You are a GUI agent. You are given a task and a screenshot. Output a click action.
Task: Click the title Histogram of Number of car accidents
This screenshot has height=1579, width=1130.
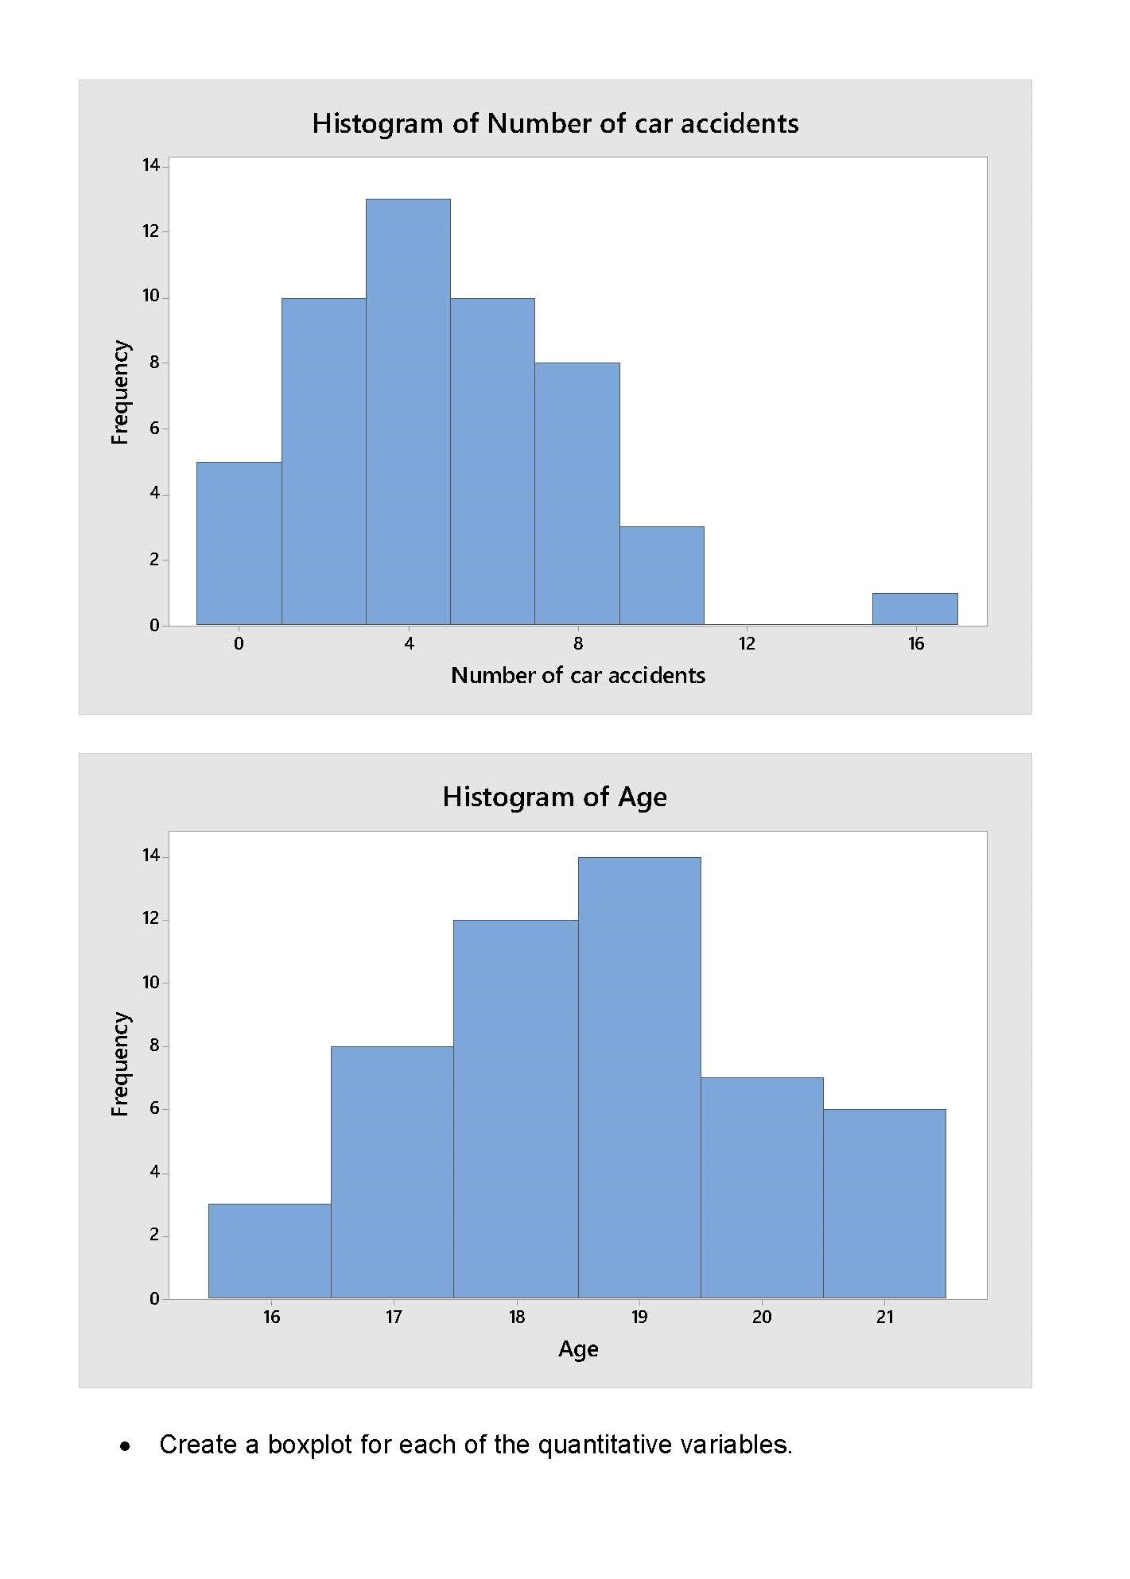click(555, 123)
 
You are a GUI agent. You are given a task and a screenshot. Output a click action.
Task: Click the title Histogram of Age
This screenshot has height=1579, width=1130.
click(554, 797)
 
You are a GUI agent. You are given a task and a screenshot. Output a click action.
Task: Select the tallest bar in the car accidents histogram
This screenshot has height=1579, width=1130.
click(408, 412)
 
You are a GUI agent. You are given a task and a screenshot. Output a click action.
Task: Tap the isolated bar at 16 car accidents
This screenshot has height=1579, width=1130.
click(914, 609)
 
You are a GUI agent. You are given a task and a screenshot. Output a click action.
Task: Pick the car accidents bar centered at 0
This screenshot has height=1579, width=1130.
click(239, 544)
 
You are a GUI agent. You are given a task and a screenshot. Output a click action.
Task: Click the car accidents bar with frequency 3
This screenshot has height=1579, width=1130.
click(662, 576)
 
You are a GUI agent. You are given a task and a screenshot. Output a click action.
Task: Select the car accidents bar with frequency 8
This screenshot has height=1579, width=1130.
click(577, 494)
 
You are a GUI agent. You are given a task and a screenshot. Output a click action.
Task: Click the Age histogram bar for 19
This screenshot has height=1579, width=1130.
click(639, 1077)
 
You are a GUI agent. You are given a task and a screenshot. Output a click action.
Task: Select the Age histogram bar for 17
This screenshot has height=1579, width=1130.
click(392, 1172)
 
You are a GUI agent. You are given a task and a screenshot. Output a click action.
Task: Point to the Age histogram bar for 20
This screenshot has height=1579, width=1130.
click(762, 1188)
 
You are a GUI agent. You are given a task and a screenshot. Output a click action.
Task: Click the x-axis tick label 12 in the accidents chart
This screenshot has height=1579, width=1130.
click(746, 644)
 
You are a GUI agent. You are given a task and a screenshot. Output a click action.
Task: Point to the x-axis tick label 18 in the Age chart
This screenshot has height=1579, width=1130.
click(517, 1317)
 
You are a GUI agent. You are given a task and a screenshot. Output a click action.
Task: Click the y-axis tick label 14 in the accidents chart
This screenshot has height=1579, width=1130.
click(151, 165)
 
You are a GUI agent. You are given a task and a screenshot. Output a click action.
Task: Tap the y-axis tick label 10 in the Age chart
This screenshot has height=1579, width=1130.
click(151, 983)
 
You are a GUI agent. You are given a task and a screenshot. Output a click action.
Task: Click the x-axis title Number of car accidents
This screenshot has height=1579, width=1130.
click(578, 676)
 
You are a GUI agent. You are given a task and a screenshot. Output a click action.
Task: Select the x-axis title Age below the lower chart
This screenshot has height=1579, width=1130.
click(578, 1349)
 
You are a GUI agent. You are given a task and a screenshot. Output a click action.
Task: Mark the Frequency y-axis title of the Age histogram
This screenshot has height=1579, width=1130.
click(119, 1064)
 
